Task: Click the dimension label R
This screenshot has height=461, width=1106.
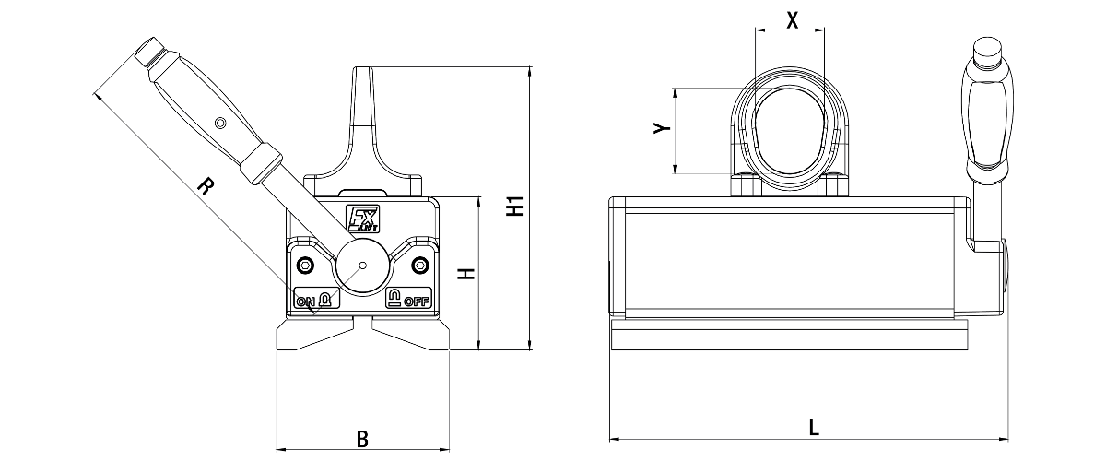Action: [x=206, y=186]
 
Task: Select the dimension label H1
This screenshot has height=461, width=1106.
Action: [x=515, y=206]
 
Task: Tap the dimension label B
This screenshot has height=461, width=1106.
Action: [x=362, y=439]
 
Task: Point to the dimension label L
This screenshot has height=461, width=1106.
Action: [x=814, y=427]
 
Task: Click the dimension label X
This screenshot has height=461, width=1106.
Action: [x=792, y=20]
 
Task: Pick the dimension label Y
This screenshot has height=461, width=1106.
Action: [x=662, y=128]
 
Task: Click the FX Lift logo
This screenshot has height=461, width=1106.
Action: [x=362, y=219]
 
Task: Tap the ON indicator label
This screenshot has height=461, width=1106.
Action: [x=306, y=301]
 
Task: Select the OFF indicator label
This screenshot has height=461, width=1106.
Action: [x=417, y=301]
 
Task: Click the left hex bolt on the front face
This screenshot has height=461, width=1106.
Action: [x=306, y=266]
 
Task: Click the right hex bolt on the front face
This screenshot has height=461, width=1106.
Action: [x=420, y=266]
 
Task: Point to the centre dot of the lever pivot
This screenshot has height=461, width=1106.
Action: [x=363, y=266]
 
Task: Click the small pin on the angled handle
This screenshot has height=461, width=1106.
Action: [x=220, y=123]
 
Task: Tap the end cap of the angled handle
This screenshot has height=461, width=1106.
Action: [x=149, y=51]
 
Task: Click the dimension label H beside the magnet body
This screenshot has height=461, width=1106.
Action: [x=465, y=273]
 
